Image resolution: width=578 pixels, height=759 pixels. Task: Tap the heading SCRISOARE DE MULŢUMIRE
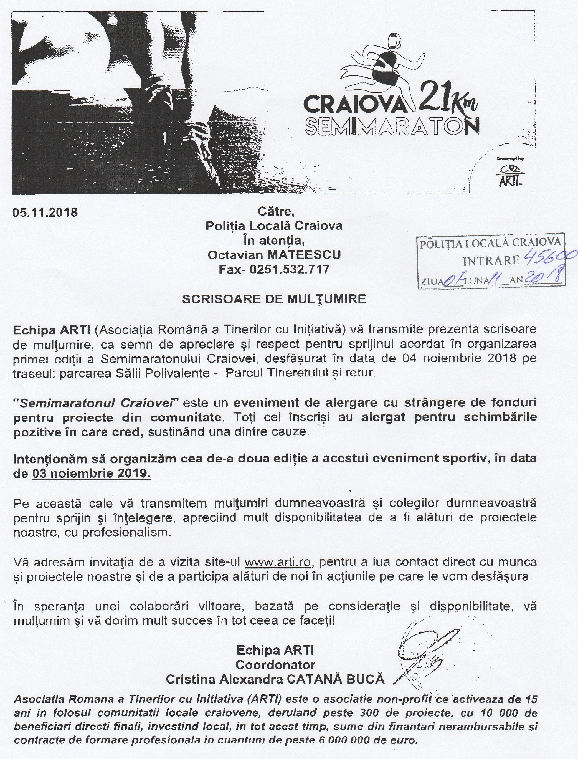274,299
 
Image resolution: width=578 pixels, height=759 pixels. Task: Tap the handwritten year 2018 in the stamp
544,277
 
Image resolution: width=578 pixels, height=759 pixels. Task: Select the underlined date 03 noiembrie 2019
91,474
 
